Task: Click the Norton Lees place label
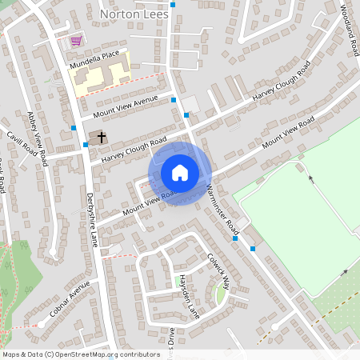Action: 132,14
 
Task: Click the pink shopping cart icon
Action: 77,40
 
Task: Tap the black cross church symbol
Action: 102,138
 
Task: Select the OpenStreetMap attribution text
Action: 81,354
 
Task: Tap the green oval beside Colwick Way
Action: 221,295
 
